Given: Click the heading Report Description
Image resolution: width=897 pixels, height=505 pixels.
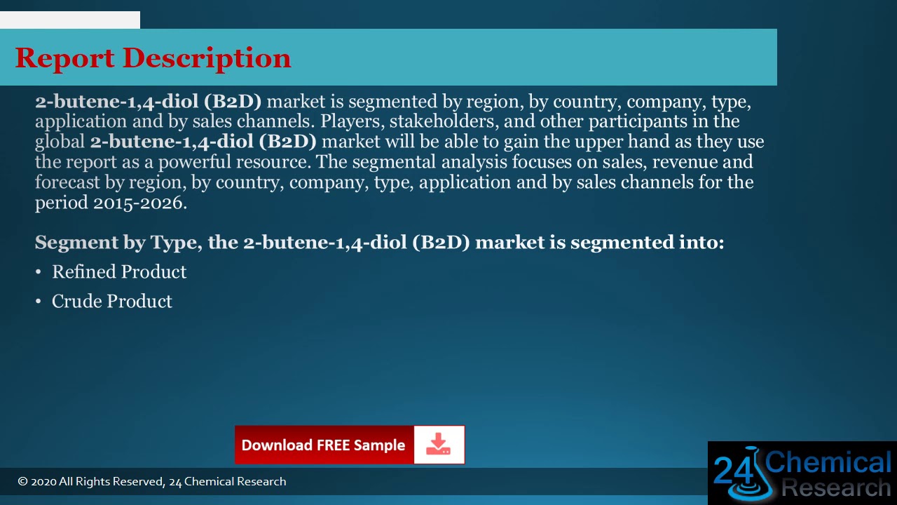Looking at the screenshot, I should click(153, 58).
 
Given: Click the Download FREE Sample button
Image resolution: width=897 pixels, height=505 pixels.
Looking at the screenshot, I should click(323, 445).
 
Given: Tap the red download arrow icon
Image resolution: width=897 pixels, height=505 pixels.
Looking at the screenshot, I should click(439, 445).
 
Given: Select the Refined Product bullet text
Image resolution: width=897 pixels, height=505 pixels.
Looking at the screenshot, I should click(119, 272).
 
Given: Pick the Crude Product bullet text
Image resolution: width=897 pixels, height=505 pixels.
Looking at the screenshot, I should click(112, 302).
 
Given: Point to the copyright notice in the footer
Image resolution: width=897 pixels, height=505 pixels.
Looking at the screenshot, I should click(152, 482).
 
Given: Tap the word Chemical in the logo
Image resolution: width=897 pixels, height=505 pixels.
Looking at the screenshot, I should click(828, 463).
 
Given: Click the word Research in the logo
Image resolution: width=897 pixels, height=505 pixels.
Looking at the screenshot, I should click(835, 488).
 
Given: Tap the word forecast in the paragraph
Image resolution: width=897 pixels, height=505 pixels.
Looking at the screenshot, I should click(68, 182).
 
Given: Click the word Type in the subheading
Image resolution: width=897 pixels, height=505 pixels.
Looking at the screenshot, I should click(173, 243).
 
